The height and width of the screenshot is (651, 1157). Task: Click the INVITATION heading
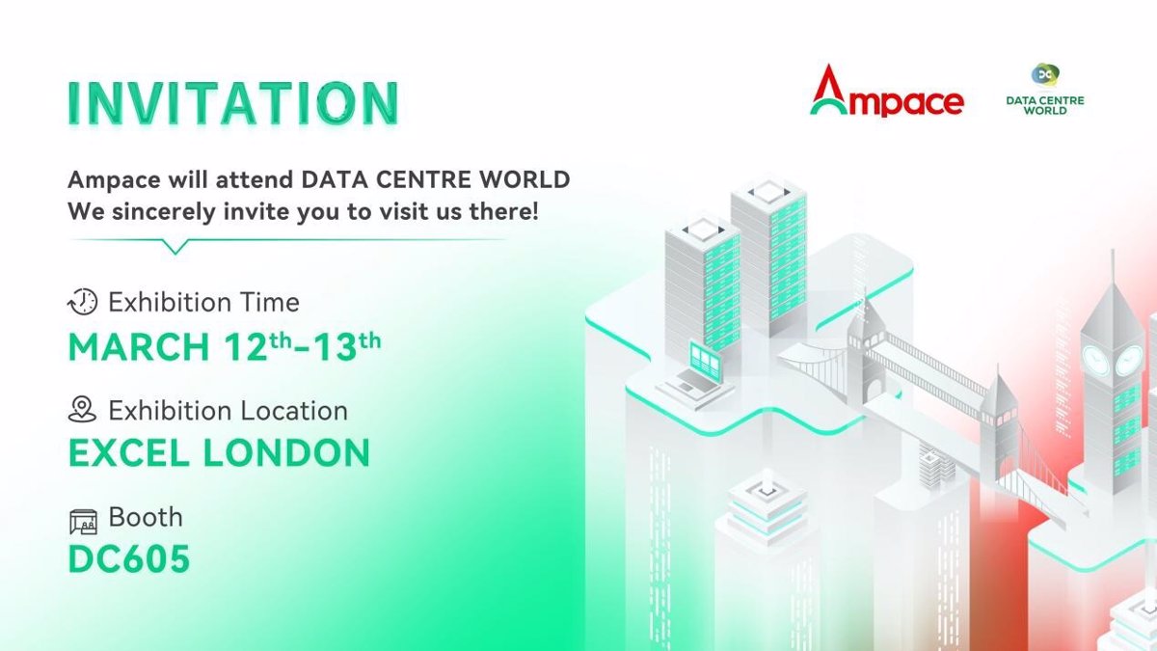(x=233, y=103)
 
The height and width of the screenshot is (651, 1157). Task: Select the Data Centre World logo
(x=1045, y=89)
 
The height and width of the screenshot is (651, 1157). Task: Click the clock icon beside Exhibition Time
(x=83, y=302)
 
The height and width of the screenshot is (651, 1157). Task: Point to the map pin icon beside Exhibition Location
(x=82, y=409)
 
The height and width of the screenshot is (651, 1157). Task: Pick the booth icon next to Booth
(x=83, y=522)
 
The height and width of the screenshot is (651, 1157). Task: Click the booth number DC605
(x=129, y=559)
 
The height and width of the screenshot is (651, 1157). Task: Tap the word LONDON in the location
(x=286, y=453)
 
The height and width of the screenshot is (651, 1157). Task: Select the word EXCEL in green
(x=128, y=453)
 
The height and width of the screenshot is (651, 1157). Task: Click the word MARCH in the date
(x=139, y=346)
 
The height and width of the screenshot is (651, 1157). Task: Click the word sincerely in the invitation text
(x=163, y=212)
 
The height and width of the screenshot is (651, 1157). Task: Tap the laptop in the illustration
(x=693, y=376)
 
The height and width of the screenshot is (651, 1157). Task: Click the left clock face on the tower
(x=1095, y=360)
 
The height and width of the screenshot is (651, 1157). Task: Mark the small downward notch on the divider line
(x=175, y=247)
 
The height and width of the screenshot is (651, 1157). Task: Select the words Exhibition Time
(x=203, y=302)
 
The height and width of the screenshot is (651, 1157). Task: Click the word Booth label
(x=146, y=517)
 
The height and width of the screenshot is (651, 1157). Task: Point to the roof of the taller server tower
(x=768, y=193)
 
